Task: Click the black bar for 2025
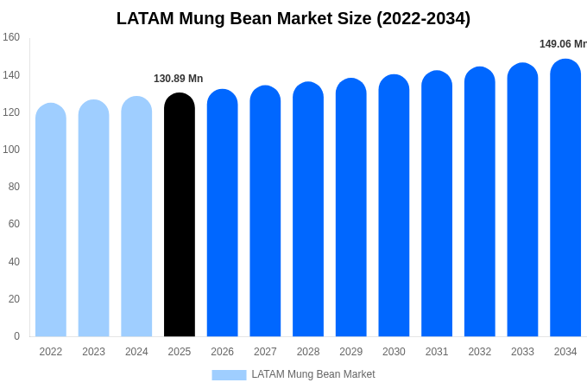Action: [x=180, y=216]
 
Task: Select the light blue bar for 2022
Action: [x=51, y=220]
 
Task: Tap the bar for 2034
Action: [x=565, y=199]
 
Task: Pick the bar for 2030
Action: [x=394, y=207]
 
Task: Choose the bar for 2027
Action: [x=265, y=212]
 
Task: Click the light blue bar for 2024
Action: [x=136, y=218]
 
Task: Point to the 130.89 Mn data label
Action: [x=179, y=79]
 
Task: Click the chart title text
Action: [x=293, y=18]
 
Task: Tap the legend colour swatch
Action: [x=229, y=374]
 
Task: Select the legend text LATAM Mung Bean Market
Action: [x=313, y=374]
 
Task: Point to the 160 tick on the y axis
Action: [x=11, y=37]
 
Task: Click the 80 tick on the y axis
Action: [x=14, y=187]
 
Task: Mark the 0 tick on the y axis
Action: [x=16, y=336]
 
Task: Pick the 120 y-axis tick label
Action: [x=11, y=112]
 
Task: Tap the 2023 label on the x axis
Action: [x=93, y=352]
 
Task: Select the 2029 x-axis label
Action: [x=350, y=352]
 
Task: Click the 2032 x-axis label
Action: [x=479, y=352]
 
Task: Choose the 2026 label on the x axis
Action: [x=222, y=352]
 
